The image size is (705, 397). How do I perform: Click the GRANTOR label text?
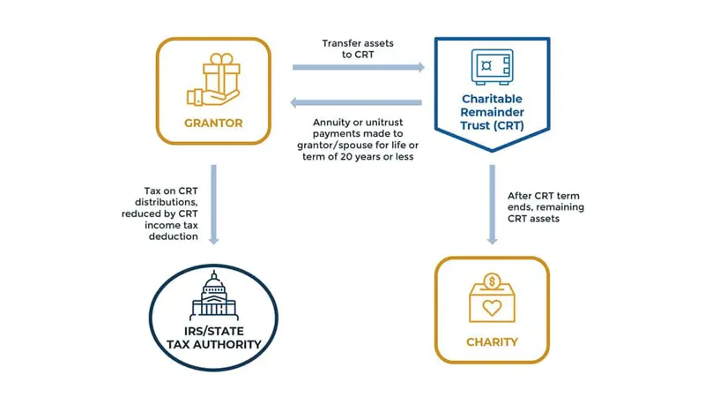click(212, 123)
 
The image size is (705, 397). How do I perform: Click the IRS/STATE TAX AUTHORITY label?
click(212, 336)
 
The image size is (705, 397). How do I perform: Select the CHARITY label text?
click(492, 341)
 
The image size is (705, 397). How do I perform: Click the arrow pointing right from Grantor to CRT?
click(358, 67)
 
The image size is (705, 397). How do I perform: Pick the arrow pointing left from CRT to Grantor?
click(358, 102)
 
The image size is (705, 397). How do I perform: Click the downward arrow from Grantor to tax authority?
click(212, 204)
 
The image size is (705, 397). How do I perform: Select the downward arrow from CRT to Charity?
click(492, 204)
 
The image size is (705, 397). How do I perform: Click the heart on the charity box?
click(492, 309)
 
